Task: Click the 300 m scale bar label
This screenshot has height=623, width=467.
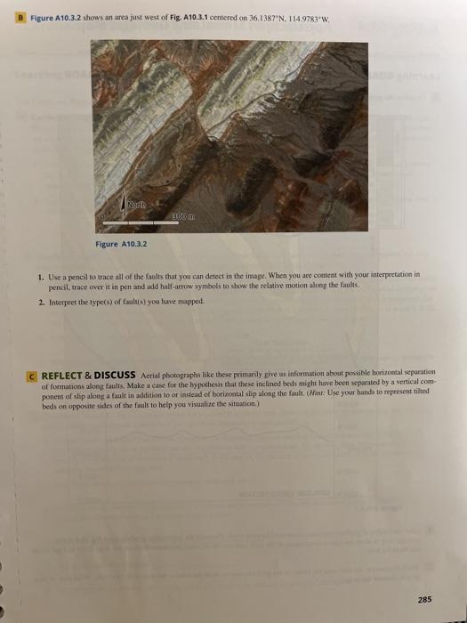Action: coord(184,218)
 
